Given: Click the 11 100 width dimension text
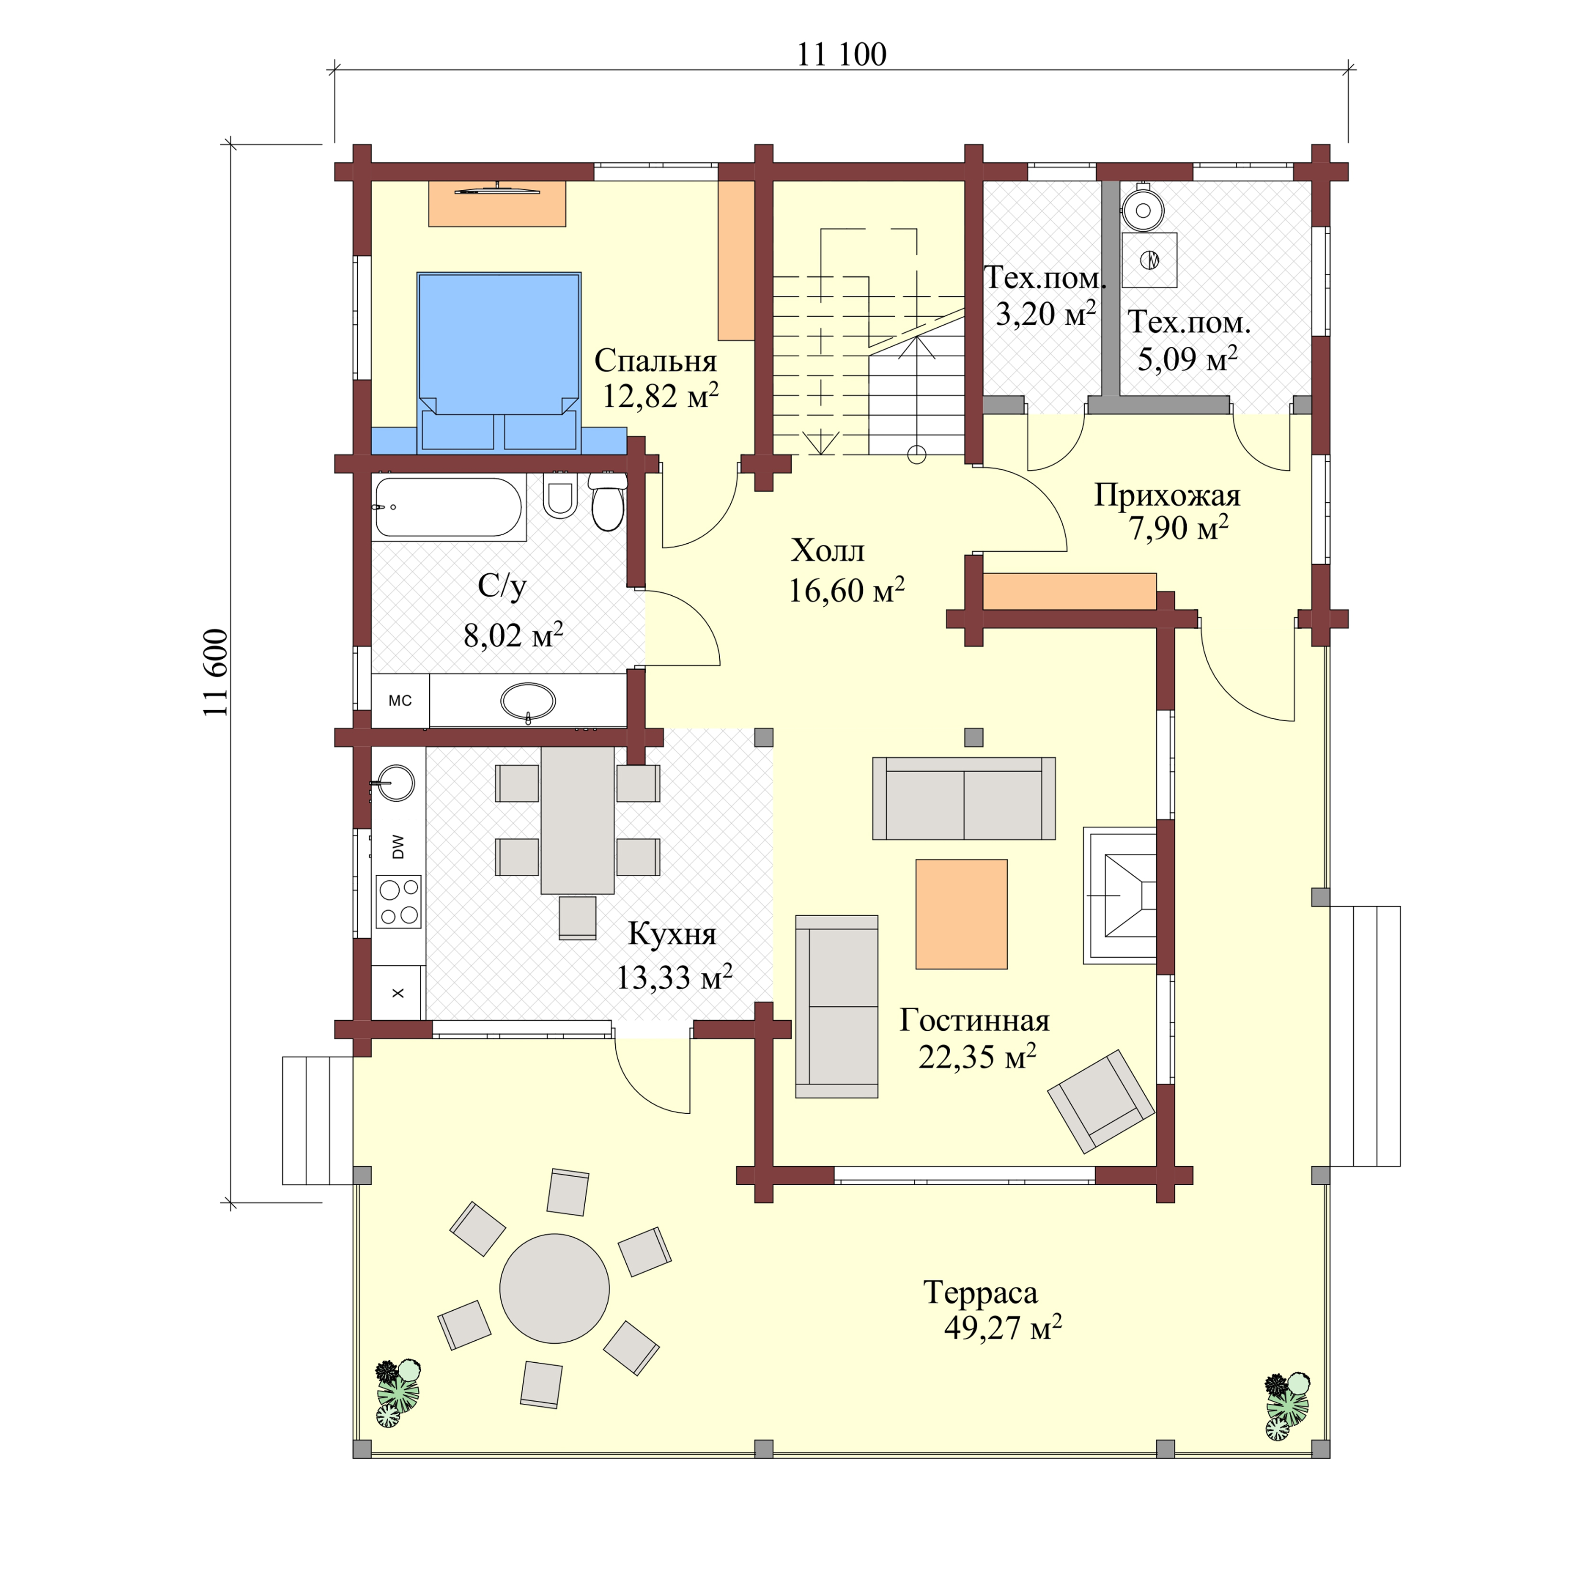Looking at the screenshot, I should click(x=841, y=54).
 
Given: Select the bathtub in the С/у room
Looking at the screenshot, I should click(x=448, y=507).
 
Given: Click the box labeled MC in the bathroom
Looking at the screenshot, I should click(x=400, y=700).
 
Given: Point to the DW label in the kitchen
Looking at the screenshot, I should click(x=398, y=847).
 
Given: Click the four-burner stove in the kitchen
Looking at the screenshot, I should click(x=398, y=902).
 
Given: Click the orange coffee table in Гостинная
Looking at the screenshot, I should click(x=962, y=914).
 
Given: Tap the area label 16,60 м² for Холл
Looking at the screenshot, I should click(x=846, y=590).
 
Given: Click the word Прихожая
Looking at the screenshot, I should click(x=1167, y=495).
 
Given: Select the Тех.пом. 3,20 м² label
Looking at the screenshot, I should click(x=1045, y=295).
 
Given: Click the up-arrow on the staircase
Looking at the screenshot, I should click(x=917, y=350).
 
